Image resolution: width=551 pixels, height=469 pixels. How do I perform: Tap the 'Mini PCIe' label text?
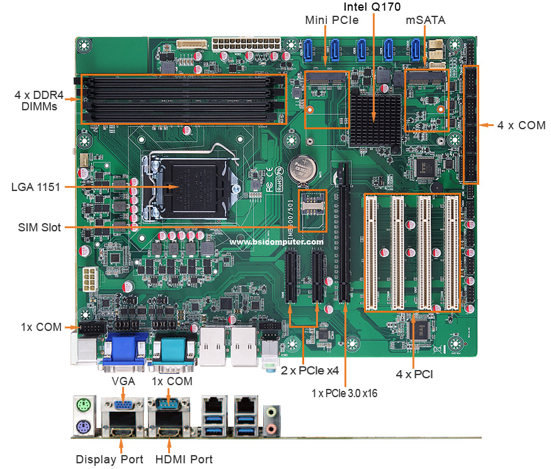click(x=332, y=20)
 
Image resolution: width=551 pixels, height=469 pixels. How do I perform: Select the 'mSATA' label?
click(x=425, y=20)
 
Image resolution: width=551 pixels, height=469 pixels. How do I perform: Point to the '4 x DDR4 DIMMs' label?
click(x=36, y=101)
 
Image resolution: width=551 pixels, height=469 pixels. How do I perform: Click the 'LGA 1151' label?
click(x=36, y=187)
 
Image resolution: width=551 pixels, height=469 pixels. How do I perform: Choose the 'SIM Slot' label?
click(x=39, y=227)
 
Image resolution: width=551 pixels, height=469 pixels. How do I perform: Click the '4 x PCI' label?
click(x=414, y=374)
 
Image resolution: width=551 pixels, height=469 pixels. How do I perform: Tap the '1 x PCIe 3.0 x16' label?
click(x=345, y=392)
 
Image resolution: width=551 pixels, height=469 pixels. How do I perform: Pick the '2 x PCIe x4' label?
click(x=310, y=370)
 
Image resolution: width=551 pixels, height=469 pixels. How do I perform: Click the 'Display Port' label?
click(x=110, y=459)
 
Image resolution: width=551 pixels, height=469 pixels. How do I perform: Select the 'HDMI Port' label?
click(x=184, y=459)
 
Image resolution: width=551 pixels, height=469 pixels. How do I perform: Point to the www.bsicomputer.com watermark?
click(x=276, y=241)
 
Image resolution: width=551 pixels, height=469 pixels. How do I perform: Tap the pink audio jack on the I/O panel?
click(x=271, y=428)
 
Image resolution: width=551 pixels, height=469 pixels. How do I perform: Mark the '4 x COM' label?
click(x=521, y=125)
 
